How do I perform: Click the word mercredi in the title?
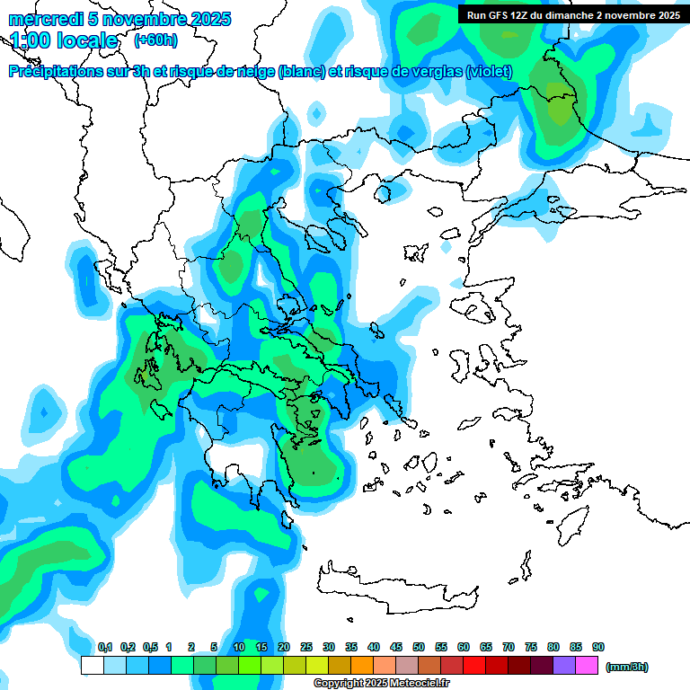pos(41,19)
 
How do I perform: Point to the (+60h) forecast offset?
pos(156,40)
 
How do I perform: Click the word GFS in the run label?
pos(497,14)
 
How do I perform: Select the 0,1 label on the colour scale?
pos(104,647)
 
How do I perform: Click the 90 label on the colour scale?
pos(598,647)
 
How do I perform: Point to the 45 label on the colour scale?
pos(396,647)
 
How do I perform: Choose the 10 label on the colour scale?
pos(239,647)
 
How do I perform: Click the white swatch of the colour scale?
pos(92,666)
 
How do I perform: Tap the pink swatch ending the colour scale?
pos(587,666)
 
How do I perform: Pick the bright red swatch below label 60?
pos(474,666)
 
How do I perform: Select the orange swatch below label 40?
pos(362,666)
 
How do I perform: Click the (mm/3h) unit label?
pos(627,667)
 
